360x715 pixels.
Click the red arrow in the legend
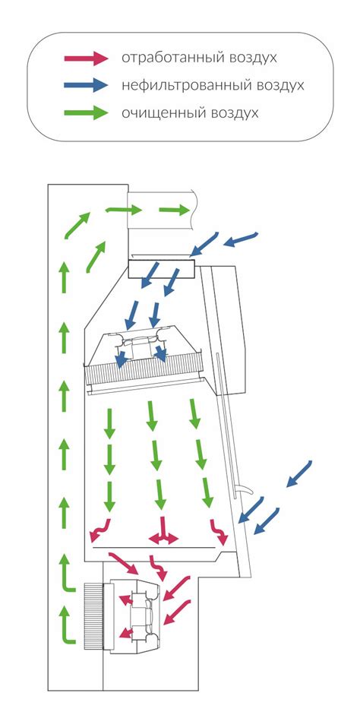(86, 58)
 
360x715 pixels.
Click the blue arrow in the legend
(86, 85)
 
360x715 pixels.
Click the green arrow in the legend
(86, 112)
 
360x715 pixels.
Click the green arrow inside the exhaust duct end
(174, 210)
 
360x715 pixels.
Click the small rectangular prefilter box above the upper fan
(161, 268)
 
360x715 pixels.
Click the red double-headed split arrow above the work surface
(163, 532)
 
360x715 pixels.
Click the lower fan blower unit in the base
(132, 616)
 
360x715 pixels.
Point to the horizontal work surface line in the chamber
(153, 546)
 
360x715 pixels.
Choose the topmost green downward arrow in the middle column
(151, 416)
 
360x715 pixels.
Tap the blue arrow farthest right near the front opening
(299, 474)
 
